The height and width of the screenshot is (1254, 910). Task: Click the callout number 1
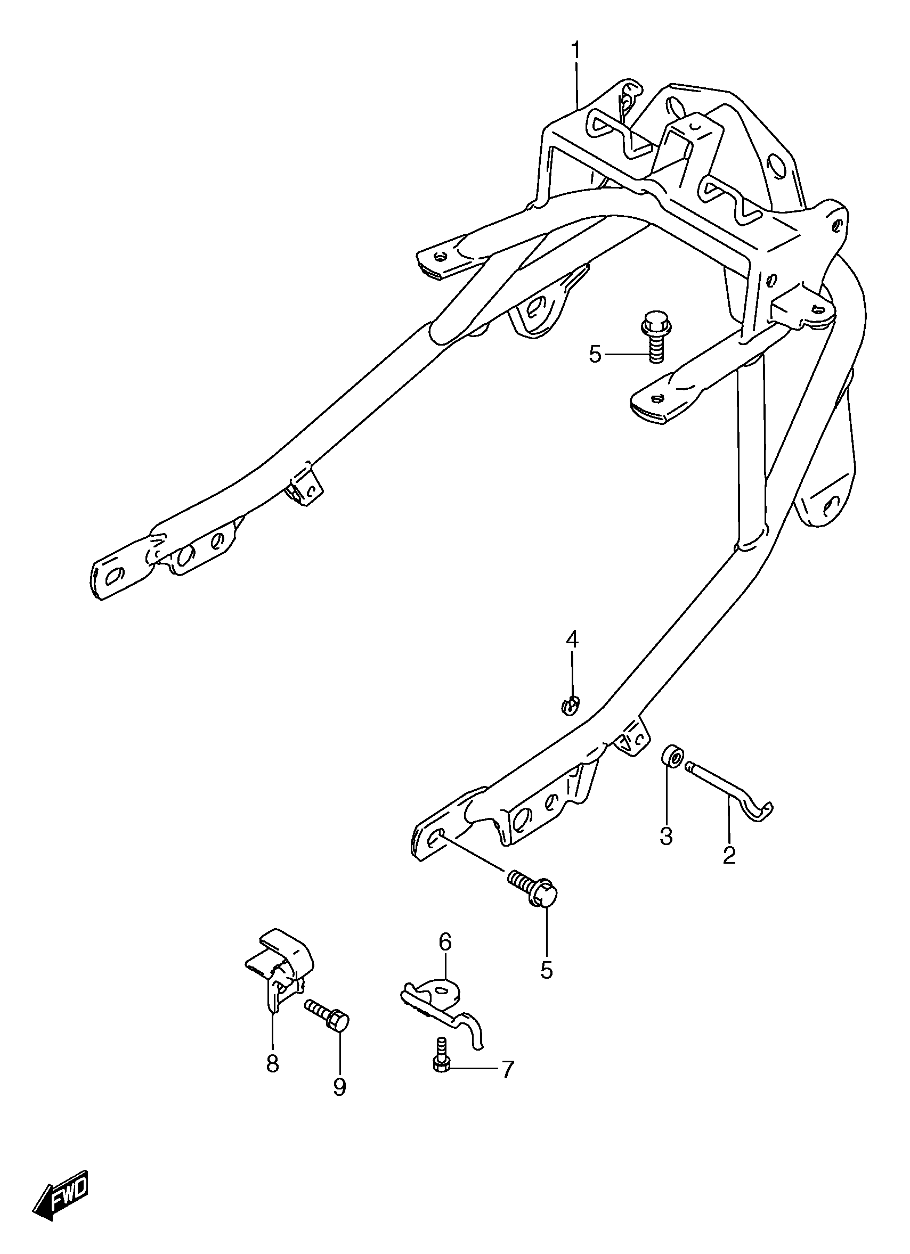[575, 51]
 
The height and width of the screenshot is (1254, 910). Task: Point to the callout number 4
[572, 640]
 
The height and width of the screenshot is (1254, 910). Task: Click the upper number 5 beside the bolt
[595, 354]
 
